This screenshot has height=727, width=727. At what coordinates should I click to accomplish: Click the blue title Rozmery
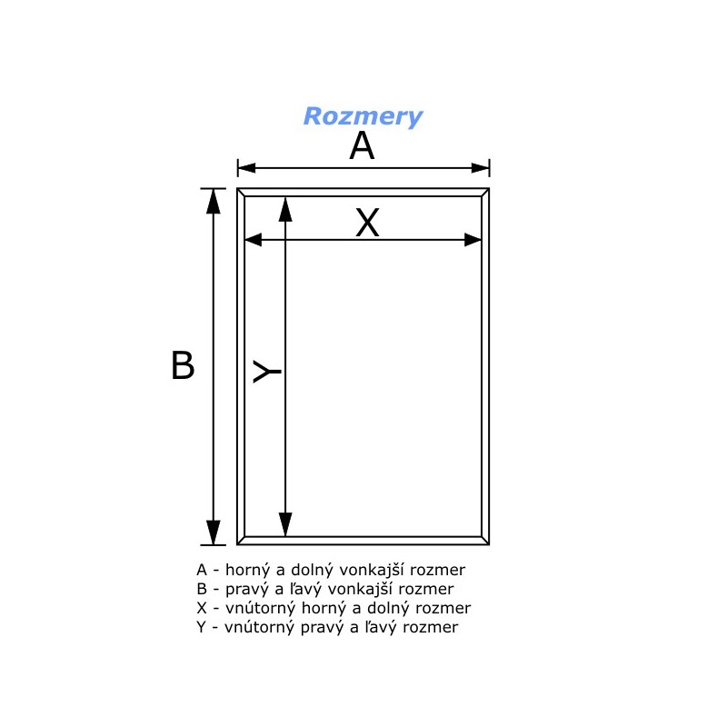coord(363,116)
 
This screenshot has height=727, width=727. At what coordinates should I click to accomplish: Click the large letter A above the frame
coord(362,145)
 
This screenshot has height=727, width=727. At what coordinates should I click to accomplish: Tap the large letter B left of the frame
coord(183,365)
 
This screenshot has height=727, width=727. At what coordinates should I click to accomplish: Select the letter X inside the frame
coord(367,223)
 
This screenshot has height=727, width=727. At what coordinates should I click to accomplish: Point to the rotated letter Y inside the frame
coord(266,372)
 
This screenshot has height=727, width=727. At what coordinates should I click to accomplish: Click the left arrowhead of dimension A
coord(246,168)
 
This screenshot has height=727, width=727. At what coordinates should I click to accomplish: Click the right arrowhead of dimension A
coord(481,168)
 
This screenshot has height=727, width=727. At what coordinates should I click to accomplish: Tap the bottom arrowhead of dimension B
coord(214,533)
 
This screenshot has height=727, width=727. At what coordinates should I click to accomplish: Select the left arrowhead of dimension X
coord(254,240)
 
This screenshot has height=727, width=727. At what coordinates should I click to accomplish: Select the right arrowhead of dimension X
coord(473,240)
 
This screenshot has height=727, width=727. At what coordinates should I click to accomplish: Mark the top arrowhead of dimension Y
coord(285,209)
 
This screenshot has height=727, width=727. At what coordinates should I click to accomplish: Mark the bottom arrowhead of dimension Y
coord(285,525)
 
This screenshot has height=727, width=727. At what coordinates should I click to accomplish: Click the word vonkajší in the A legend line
coord(374,570)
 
